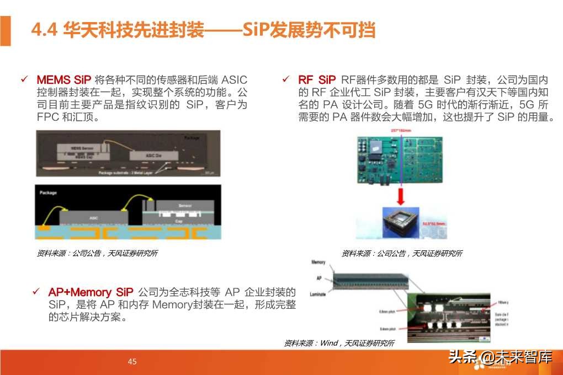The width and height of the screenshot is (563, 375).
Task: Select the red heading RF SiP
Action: [317, 79]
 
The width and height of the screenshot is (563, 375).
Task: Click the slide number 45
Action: [132, 362]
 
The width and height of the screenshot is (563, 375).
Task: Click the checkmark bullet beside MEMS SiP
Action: [24, 79]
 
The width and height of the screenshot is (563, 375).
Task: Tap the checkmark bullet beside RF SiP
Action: [286, 79]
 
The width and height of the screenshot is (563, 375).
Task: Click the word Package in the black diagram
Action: [48, 193]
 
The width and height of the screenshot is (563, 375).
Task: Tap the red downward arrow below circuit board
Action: [401, 195]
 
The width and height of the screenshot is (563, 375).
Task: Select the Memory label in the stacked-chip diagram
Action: [319, 262]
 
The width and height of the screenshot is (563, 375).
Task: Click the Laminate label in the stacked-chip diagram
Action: [318, 294]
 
